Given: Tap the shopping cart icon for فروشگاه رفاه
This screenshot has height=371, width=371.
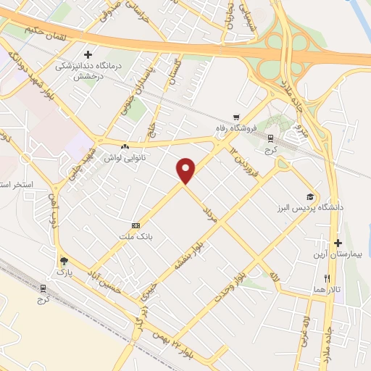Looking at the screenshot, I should (x=235, y=117).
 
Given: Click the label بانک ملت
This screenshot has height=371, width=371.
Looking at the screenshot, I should (x=136, y=237).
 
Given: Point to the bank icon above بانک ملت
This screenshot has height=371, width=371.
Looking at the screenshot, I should (x=135, y=226).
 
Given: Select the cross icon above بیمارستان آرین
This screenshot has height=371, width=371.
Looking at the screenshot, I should (x=338, y=242).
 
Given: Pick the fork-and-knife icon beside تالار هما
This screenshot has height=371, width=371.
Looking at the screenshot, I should (x=328, y=278).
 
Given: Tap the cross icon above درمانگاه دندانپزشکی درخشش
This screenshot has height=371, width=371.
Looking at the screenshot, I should (x=88, y=54).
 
